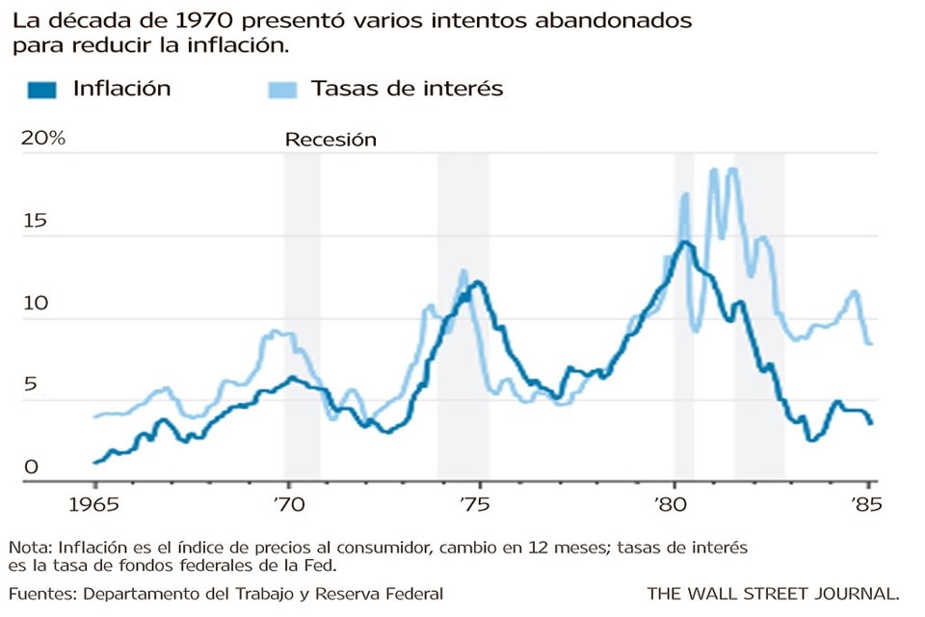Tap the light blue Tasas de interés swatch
[x=281, y=90]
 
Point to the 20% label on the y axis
[x=42, y=139]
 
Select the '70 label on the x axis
[x=287, y=502]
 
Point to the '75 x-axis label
[x=480, y=502]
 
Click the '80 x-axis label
[x=674, y=502]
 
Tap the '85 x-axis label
[x=866, y=502]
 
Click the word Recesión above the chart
[x=330, y=140]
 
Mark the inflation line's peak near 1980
[x=685, y=242]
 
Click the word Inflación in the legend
[x=121, y=89]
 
